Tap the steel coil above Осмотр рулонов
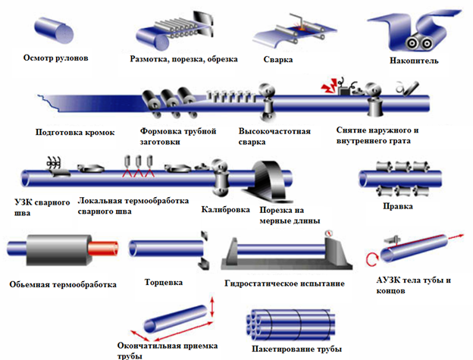[x=55, y=28]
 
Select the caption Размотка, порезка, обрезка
[x=183, y=58]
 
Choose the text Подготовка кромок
[x=75, y=132]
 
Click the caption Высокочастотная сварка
[x=263, y=136]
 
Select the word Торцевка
[x=164, y=283]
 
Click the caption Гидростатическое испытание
[x=284, y=283]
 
